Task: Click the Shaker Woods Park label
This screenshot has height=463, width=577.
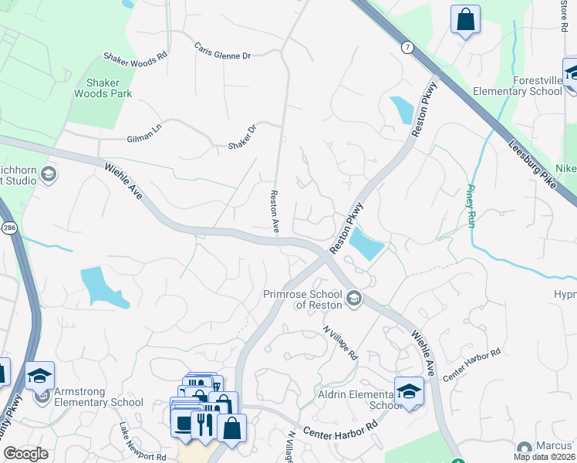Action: click(103, 88)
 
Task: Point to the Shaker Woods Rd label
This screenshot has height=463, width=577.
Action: click(135, 58)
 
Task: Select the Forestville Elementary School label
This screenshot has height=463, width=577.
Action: click(538, 86)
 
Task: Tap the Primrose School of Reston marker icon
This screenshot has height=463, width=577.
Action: click(353, 297)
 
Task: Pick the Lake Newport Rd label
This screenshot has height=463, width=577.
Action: click(142, 441)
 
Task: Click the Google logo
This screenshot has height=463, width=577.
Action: click(25, 454)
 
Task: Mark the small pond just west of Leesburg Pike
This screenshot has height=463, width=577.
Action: click(401, 110)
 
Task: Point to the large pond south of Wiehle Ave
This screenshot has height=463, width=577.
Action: click(101, 286)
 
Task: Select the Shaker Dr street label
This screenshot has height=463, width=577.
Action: click(241, 138)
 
